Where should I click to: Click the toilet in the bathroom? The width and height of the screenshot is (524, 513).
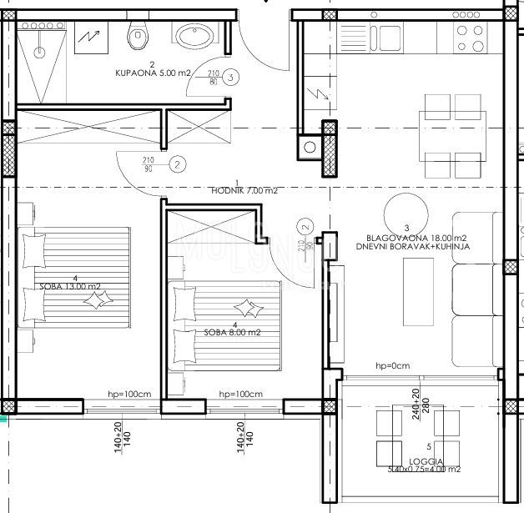click(139, 34)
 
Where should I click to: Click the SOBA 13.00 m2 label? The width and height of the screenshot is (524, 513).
click(70, 287)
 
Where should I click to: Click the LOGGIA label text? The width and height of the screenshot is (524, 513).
click(426, 461)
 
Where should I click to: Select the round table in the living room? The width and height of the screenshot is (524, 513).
click(409, 210)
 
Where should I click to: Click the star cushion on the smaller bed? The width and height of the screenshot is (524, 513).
click(248, 307)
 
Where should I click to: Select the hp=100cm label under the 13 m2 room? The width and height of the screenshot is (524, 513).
click(122, 395)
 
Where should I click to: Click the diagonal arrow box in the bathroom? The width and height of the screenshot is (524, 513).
click(88, 36)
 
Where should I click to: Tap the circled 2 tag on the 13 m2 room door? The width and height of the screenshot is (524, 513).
click(178, 164)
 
